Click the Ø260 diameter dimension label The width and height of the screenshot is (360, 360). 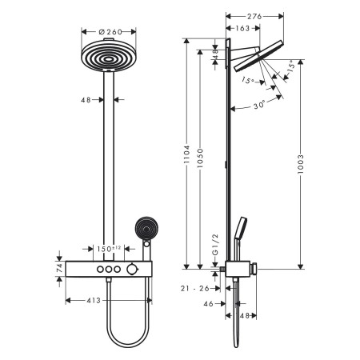[x=104, y=33]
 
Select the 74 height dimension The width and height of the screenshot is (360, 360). [x=60, y=269]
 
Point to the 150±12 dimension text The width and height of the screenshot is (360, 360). [x=109, y=249]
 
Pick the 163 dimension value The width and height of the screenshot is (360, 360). [x=241, y=29]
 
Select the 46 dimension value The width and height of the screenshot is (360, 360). [x=207, y=305]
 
